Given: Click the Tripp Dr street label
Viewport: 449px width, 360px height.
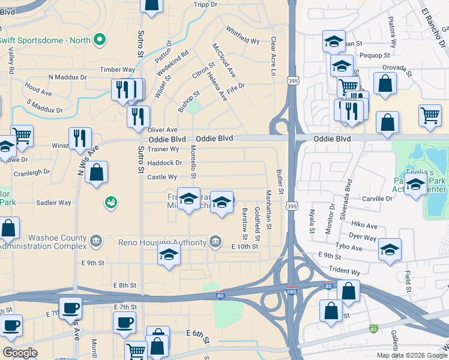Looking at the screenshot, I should [205, 5].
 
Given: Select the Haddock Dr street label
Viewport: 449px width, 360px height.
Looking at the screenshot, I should [164, 163].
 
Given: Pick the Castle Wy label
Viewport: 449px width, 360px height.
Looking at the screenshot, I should [162, 177].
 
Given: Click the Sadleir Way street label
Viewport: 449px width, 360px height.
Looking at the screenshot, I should [54, 203].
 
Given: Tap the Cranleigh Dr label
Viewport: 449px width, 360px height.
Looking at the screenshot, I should [32, 172].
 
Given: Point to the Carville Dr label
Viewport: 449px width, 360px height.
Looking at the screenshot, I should [376, 198].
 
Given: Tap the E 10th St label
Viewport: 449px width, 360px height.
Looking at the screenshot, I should [244, 247].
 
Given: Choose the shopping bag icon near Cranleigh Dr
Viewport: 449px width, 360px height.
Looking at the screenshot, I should [96, 173].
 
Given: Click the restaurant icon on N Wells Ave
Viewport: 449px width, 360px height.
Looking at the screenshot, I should [80, 139].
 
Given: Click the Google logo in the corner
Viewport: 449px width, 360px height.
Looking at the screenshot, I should [20, 353].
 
